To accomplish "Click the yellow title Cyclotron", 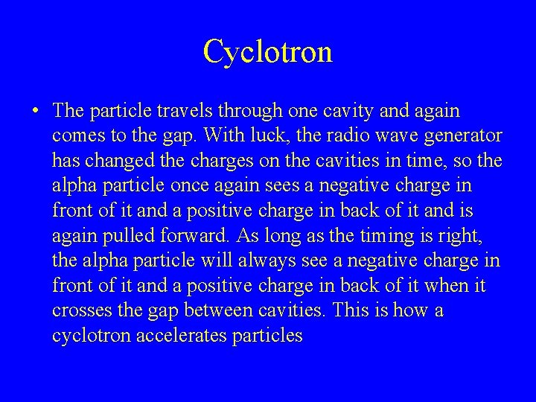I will coord(267,51).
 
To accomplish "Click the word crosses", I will coord(78,310).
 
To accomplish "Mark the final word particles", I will coord(267,336).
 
